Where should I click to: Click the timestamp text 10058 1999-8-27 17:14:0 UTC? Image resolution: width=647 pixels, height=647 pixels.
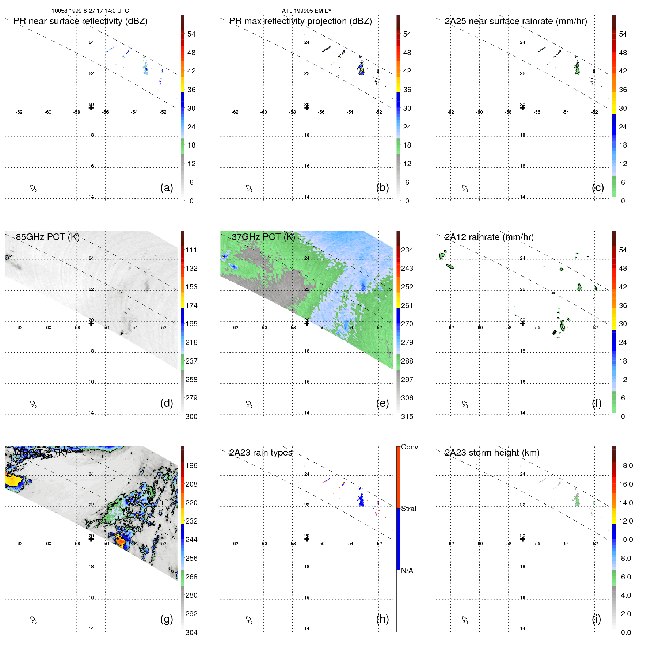tap(90, 11)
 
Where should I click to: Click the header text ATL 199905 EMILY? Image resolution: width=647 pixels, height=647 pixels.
tap(307, 11)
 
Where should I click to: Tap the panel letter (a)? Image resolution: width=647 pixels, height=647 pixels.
tap(167, 187)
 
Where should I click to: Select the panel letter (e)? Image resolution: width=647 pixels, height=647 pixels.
tap(382, 403)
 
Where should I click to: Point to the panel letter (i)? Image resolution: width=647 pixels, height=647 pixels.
tap(596, 619)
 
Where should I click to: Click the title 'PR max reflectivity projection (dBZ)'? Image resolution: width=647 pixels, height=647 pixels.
tap(300, 21)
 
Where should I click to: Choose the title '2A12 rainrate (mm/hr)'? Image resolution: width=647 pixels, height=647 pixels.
tap(489, 237)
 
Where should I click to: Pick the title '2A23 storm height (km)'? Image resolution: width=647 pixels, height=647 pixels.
tap(492, 453)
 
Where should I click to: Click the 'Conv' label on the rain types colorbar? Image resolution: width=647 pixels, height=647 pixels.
tap(409, 447)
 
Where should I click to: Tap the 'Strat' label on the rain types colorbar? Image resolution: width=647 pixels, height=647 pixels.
tap(408, 509)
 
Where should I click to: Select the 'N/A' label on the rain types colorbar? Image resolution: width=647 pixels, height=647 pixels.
tap(407, 571)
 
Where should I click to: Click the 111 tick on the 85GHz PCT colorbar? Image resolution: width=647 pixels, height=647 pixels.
tap(191, 250)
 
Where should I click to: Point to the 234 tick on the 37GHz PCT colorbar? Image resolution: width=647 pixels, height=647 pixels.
tap(407, 250)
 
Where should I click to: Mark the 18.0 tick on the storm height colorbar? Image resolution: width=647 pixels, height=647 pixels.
tap(626, 465)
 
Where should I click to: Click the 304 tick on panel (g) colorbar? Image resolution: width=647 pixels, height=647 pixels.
tap(191, 632)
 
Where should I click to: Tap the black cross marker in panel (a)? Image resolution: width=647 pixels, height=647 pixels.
tap(91, 107)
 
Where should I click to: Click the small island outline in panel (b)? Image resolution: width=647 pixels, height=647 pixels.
tap(249, 189)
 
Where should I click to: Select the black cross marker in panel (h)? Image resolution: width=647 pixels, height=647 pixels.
tap(307, 539)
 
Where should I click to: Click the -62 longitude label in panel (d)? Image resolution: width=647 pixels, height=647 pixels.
tap(19, 328)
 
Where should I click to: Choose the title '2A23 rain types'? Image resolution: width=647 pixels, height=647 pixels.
tap(260, 453)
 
